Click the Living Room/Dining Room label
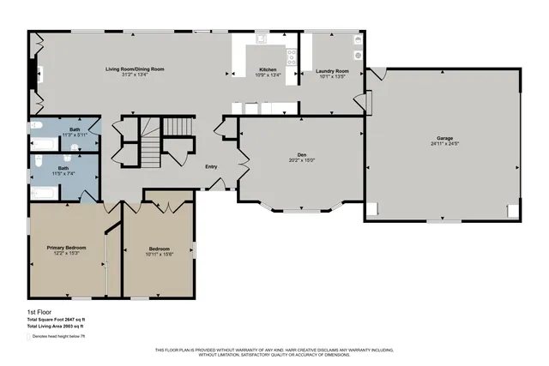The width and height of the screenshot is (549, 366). tap(135, 69)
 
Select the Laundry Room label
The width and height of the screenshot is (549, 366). tap(330, 69)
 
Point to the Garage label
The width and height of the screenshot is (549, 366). tap(443, 137)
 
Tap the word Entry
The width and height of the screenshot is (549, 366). tap(211, 166)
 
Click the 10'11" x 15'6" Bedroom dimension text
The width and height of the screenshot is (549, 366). tap(160, 254)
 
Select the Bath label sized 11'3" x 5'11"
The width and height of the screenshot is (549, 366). tap(75, 129)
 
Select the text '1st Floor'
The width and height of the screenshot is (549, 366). tap(39, 312)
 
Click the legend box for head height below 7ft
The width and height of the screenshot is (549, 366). tap(31, 338)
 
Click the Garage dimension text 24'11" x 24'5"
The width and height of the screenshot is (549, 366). tap(443, 143)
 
